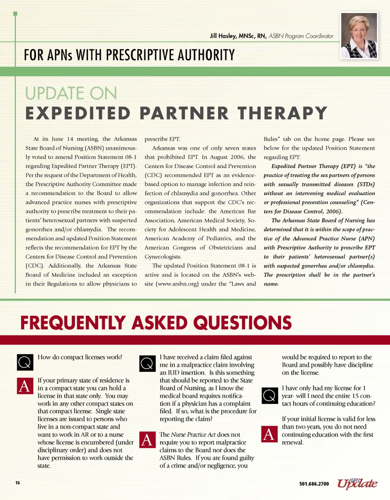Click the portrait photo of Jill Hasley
(x=359, y=35)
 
